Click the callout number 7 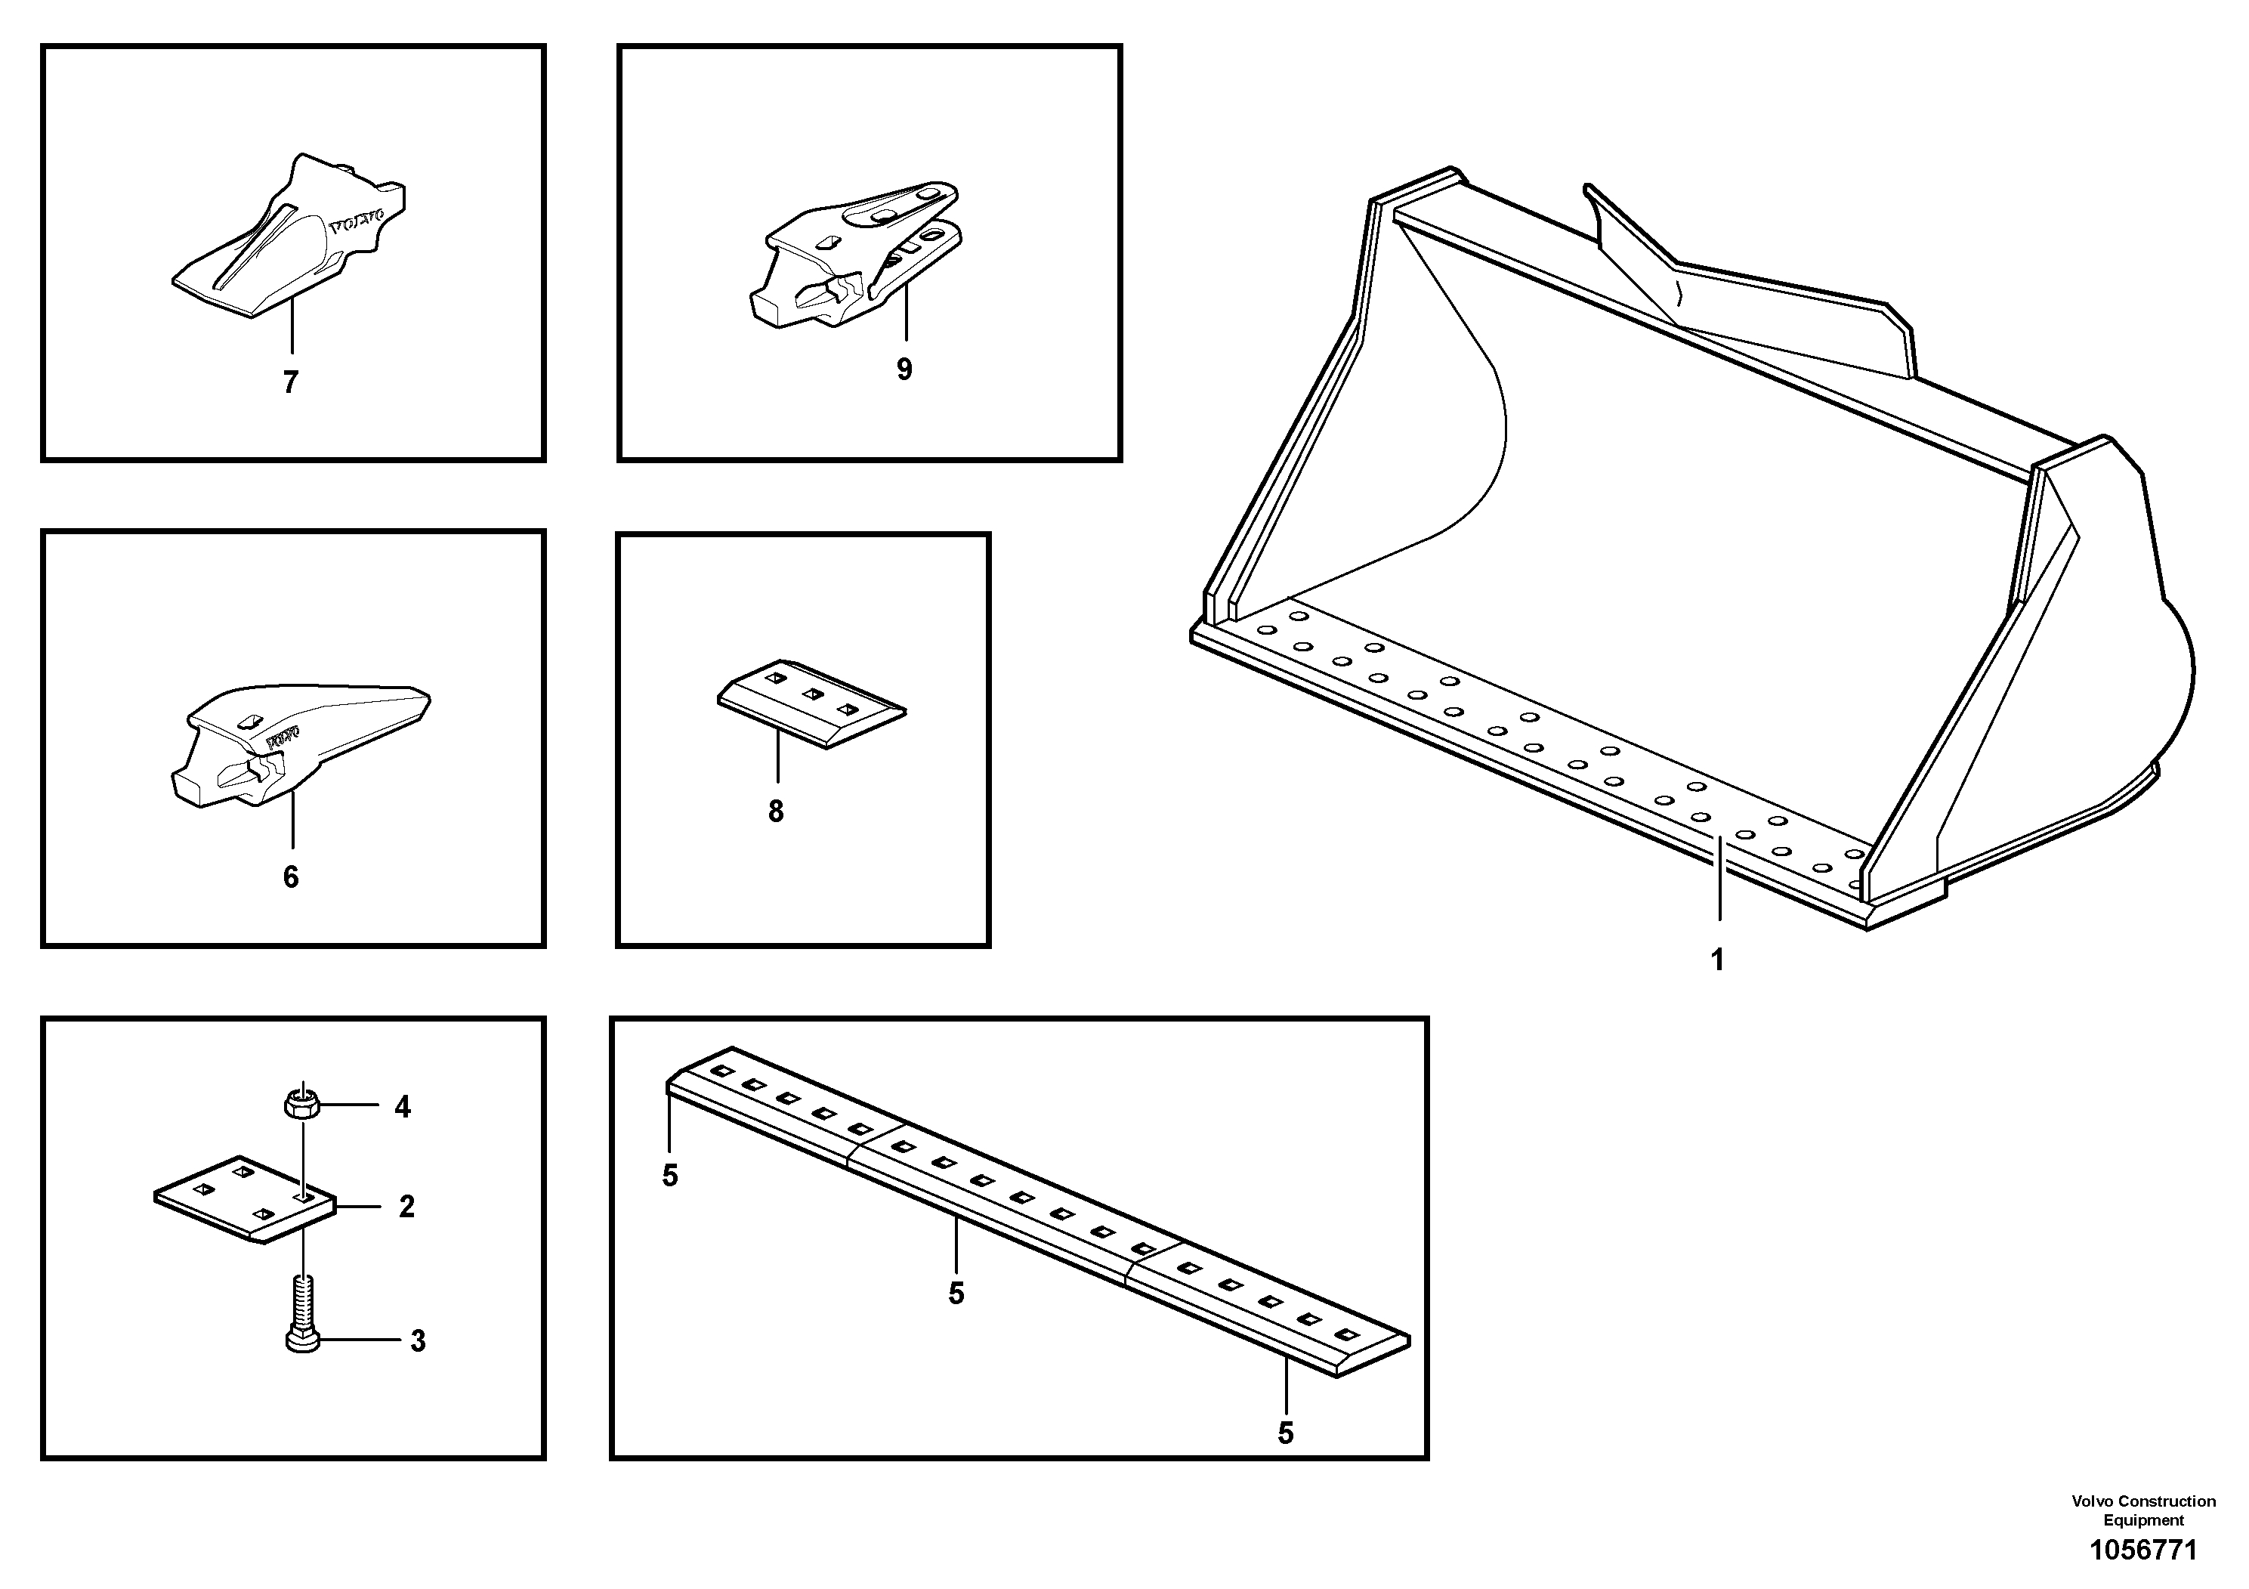290,383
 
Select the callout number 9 904,369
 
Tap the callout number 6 291,876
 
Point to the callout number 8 776,812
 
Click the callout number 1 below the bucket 1717,959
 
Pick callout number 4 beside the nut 403,1107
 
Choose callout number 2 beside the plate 406,1206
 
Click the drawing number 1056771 2142,1550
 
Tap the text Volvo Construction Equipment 2143,1510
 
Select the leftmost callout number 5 670,1176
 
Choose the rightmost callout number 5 1285,1433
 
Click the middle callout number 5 956,1293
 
